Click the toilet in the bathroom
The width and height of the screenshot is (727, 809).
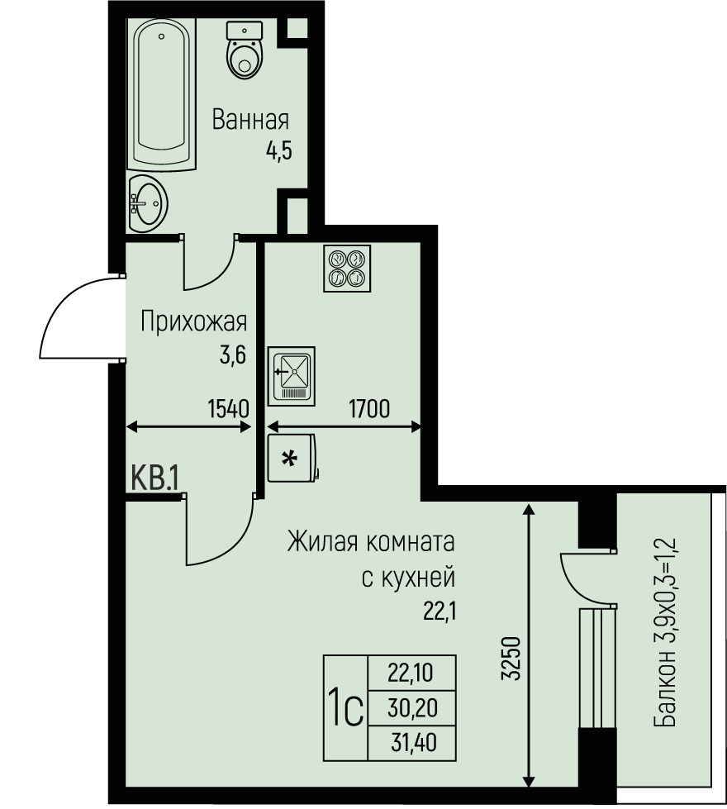tap(243, 51)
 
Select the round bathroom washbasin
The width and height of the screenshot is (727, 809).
tap(150, 199)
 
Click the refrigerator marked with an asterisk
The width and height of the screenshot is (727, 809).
tap(291, 459)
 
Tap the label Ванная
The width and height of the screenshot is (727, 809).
tap(250, 121)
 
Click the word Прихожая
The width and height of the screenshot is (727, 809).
tap(193, 321)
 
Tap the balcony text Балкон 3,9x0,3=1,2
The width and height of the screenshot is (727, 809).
tap(665, 632)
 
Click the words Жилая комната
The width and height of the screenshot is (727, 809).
tap(371, 544)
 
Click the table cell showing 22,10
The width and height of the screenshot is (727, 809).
tap(412, 673)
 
